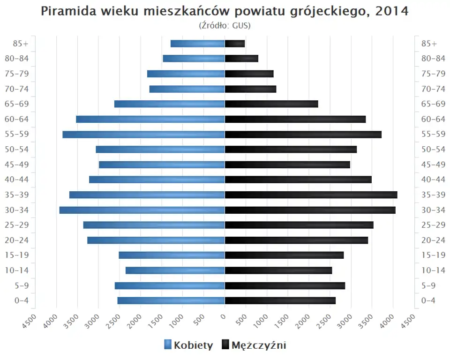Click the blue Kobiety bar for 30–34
point(142,210)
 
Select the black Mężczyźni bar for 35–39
point(311,195)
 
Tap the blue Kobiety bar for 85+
point(197,44)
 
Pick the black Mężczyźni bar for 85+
point(235,44)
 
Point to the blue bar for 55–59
point(143,135)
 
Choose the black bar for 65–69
point(271,104)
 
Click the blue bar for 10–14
point(175,270)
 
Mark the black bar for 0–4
point(280,300)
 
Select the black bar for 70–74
point(250,89)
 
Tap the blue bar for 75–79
point(186,74)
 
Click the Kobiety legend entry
point(188,345)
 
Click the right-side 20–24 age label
point(433,240)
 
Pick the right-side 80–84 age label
point(433,59)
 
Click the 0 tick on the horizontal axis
point(224,317)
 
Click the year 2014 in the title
point(392,11)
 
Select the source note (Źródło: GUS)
point(225,25)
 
